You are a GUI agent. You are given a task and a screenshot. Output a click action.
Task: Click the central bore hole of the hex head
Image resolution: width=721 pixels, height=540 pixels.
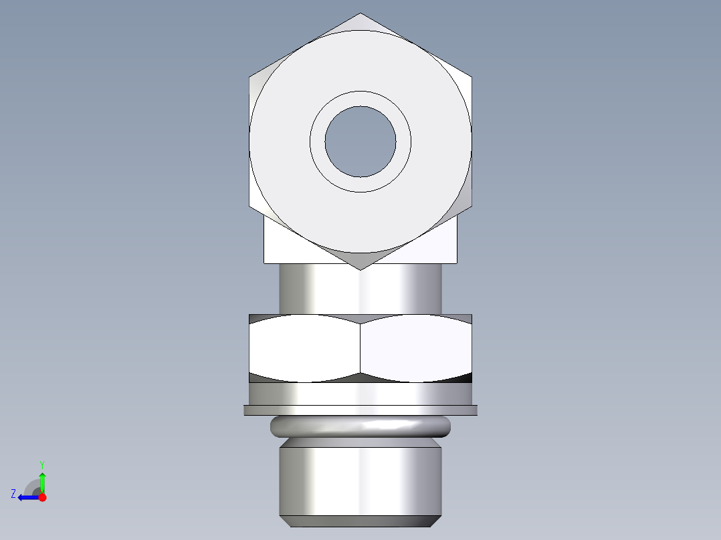(360, 141)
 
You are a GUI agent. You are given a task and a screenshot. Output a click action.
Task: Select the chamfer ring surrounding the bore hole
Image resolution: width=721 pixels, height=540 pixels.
(317, 141)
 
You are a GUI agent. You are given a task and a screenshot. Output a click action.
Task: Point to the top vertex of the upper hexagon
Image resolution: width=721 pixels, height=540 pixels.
(360, 13)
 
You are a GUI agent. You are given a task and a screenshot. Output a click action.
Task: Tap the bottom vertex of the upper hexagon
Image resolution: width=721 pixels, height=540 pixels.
(360, 269)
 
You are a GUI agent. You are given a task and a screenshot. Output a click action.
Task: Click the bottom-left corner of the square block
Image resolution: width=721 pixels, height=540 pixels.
(264, 263)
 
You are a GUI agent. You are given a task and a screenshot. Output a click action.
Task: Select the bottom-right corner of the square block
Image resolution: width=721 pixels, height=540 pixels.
(457, 263)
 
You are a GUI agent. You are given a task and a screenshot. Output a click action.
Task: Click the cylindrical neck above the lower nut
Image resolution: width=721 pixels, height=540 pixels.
(360, 289)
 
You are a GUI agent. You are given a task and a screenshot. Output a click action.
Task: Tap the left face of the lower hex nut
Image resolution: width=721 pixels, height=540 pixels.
(304, 348)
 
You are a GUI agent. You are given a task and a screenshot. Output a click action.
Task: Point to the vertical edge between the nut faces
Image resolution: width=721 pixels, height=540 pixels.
(360, 348)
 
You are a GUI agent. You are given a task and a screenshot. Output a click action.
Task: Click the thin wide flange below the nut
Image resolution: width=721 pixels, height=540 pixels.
(360, 410)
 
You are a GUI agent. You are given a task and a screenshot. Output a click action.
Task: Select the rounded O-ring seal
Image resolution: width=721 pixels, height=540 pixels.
(360, 426)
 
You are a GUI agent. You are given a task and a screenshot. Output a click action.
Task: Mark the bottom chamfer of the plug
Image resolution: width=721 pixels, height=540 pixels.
(360, 521)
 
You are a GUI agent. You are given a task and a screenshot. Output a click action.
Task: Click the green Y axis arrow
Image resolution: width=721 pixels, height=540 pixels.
(42, 480)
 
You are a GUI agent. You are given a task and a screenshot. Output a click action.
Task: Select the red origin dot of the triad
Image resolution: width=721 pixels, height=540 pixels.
(42, 497)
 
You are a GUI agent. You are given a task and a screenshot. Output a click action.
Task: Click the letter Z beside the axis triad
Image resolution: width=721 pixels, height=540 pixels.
(13, 494)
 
